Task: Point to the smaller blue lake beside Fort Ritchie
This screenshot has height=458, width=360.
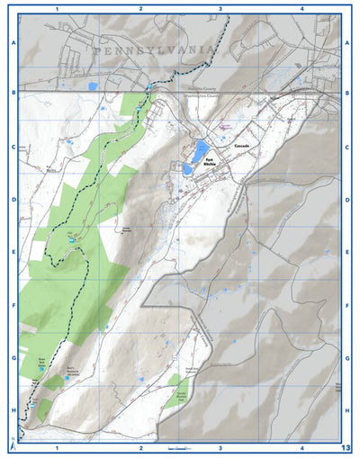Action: (x=188, y=168)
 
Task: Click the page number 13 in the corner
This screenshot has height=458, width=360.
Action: (x=346, y=447)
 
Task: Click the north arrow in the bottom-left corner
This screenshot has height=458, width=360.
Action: (x=12, y=445)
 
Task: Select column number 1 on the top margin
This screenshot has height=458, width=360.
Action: (x=57, y=8)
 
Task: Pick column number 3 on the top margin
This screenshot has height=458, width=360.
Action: (x=220, y=8)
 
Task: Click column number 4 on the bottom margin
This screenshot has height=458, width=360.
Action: (x=301, y=447)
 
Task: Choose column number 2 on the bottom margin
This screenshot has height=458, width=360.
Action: (x=140, y=447)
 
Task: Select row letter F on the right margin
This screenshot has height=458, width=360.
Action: (x=347, y=306)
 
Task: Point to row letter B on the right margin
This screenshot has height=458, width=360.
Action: (x=347, y=93)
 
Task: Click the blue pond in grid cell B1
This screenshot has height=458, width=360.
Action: (x=93, y=87)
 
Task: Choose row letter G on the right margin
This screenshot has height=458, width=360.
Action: (x=347, y=358)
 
